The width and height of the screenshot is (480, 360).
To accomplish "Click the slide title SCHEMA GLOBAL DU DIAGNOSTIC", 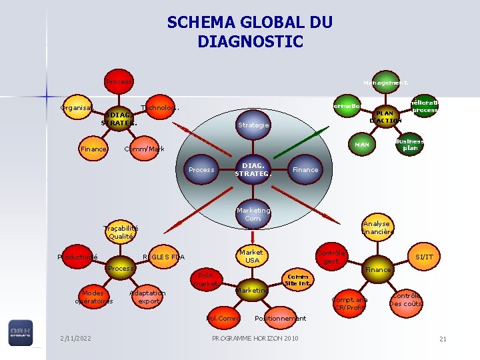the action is click(249, 32).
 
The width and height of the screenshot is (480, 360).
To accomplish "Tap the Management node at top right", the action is click(385, 83).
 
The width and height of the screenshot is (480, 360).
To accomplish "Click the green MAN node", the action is click(362, 144).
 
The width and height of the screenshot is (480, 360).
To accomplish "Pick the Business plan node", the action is click(409, 145).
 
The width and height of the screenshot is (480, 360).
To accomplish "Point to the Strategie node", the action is click(253, 125).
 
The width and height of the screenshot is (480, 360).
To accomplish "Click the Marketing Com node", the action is click(253, 214).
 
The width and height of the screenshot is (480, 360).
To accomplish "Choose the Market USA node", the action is click(251, 256).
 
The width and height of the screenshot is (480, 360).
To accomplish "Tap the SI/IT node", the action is click(424, 257).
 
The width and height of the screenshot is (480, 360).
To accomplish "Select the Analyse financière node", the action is click(377, 227).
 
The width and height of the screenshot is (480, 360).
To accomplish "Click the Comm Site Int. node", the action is click(297, 279).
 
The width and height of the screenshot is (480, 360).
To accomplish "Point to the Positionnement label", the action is click(281, 318).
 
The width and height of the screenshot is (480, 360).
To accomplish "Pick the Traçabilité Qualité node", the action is click(121, 231).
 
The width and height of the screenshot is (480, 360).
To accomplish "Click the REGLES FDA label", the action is click(164, 257).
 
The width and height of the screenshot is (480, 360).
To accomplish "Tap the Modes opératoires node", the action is click(94, 297).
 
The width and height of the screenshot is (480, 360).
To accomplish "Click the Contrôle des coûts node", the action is click(406, 300).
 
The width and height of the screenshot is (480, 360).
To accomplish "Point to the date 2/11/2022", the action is click(75, 338).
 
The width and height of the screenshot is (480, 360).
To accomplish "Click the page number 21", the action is click(443, 339).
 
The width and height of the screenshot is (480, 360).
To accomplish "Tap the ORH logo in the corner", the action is click(20, 333).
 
